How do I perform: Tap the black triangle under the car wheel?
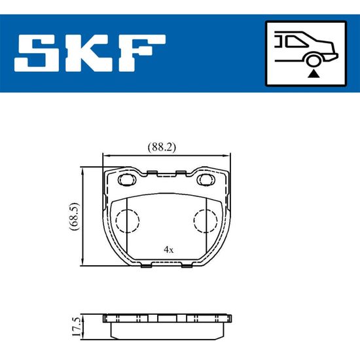313,74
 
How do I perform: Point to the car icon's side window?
295,42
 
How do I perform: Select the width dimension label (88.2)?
162,147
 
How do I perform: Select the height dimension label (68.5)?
74,216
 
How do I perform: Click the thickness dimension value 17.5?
76,327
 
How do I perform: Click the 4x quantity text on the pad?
169,249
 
